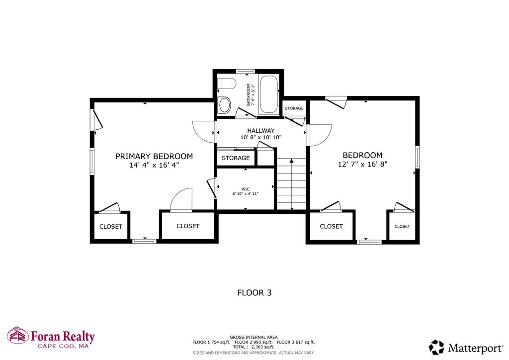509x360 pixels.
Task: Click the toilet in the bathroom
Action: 226,84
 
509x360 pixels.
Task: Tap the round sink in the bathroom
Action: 224,104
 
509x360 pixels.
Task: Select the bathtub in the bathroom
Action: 269,94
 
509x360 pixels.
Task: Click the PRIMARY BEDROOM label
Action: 154,157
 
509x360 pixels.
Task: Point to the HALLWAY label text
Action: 260,130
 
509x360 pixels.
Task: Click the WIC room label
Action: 246,189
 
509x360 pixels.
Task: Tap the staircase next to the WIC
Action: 291,184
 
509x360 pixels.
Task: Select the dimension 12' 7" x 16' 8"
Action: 362,164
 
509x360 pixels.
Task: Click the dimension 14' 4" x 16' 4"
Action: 154,165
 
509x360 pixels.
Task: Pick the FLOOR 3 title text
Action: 254,293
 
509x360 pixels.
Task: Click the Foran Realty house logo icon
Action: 18,335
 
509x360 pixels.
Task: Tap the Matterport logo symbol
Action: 436,348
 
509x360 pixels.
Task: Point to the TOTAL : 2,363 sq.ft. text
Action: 254,347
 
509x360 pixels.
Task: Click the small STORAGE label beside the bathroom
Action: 294,108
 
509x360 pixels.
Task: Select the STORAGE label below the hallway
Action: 236,158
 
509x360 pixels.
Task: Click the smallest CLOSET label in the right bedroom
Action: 402,227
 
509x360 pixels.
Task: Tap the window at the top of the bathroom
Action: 246,72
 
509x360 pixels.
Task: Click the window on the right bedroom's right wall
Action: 418,157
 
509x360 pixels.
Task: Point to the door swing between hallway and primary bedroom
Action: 204,132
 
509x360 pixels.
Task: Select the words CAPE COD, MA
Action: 63,347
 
